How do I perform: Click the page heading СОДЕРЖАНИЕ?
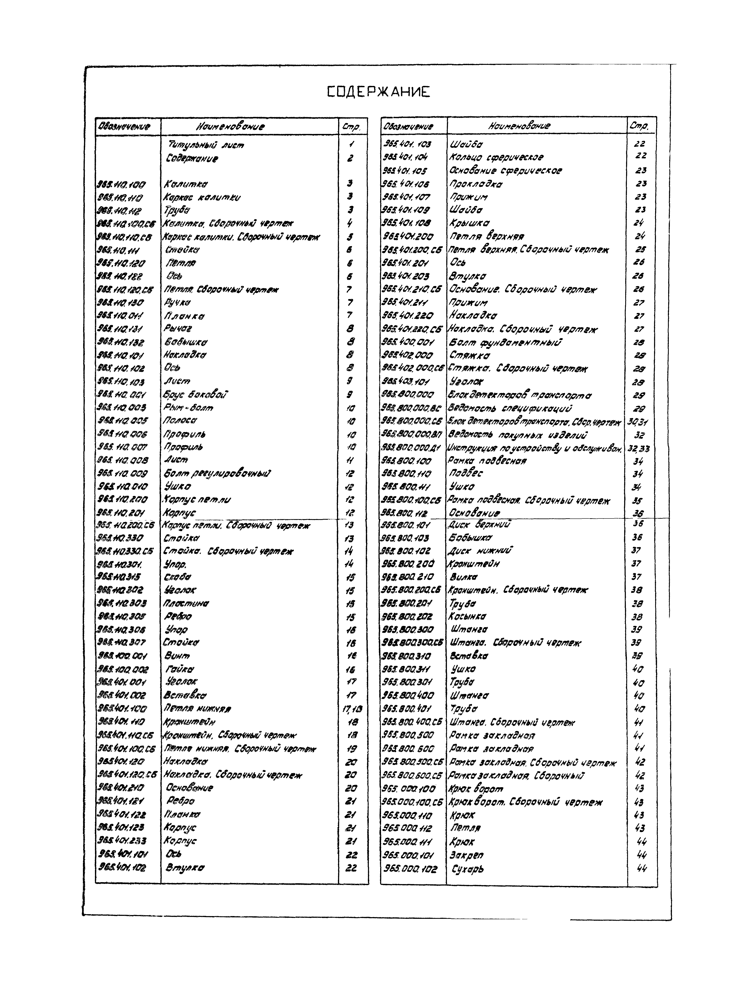coord(378,92)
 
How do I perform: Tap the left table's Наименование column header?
coord(230,127)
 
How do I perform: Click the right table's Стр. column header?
coord(639,126)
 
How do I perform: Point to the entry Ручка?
coord(177,303)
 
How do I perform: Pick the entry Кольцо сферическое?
coord(496,157)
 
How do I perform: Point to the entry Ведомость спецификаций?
coord(510,408)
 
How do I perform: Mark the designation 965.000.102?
coord(410,869)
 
